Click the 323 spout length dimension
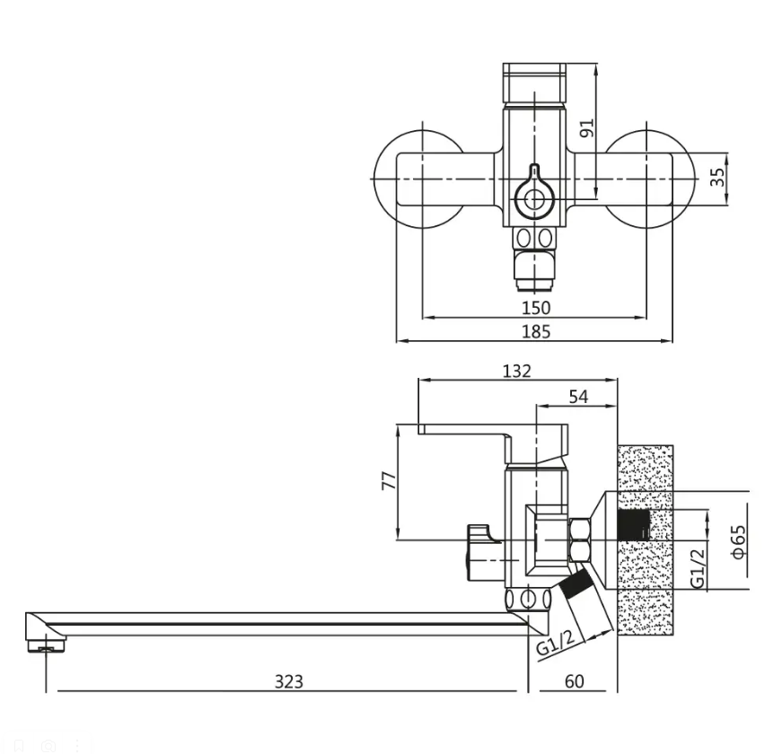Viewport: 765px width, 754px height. click(x=289, y=680)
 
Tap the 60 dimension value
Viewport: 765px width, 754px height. click(x=575, y=680)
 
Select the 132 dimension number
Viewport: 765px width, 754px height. click(x=516, y=371)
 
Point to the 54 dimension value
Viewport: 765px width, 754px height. click(x=578, y=397)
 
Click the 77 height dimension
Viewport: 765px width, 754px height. click(x=389, y=480)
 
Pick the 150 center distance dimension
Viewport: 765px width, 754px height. click(x=536, y=308)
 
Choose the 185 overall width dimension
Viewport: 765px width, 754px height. click(x=536, y=331)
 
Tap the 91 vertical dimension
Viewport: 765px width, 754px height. click(x=586, y=127)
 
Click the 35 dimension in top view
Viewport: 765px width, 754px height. click(x=717, y=177)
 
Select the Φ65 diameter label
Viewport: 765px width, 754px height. click(x=739, y=541)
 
